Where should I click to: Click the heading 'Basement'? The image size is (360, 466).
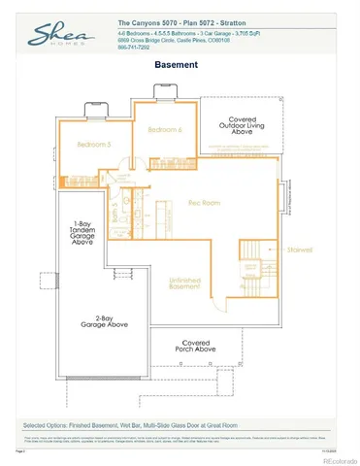point(177,65)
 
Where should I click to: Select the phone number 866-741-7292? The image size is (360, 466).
point(136,47)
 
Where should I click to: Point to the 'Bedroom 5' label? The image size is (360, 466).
point(95,145)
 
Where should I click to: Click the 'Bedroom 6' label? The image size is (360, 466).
point(165,129)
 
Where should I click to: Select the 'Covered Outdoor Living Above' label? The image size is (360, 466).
point(237,129)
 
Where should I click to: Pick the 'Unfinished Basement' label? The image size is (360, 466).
point(185,283)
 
